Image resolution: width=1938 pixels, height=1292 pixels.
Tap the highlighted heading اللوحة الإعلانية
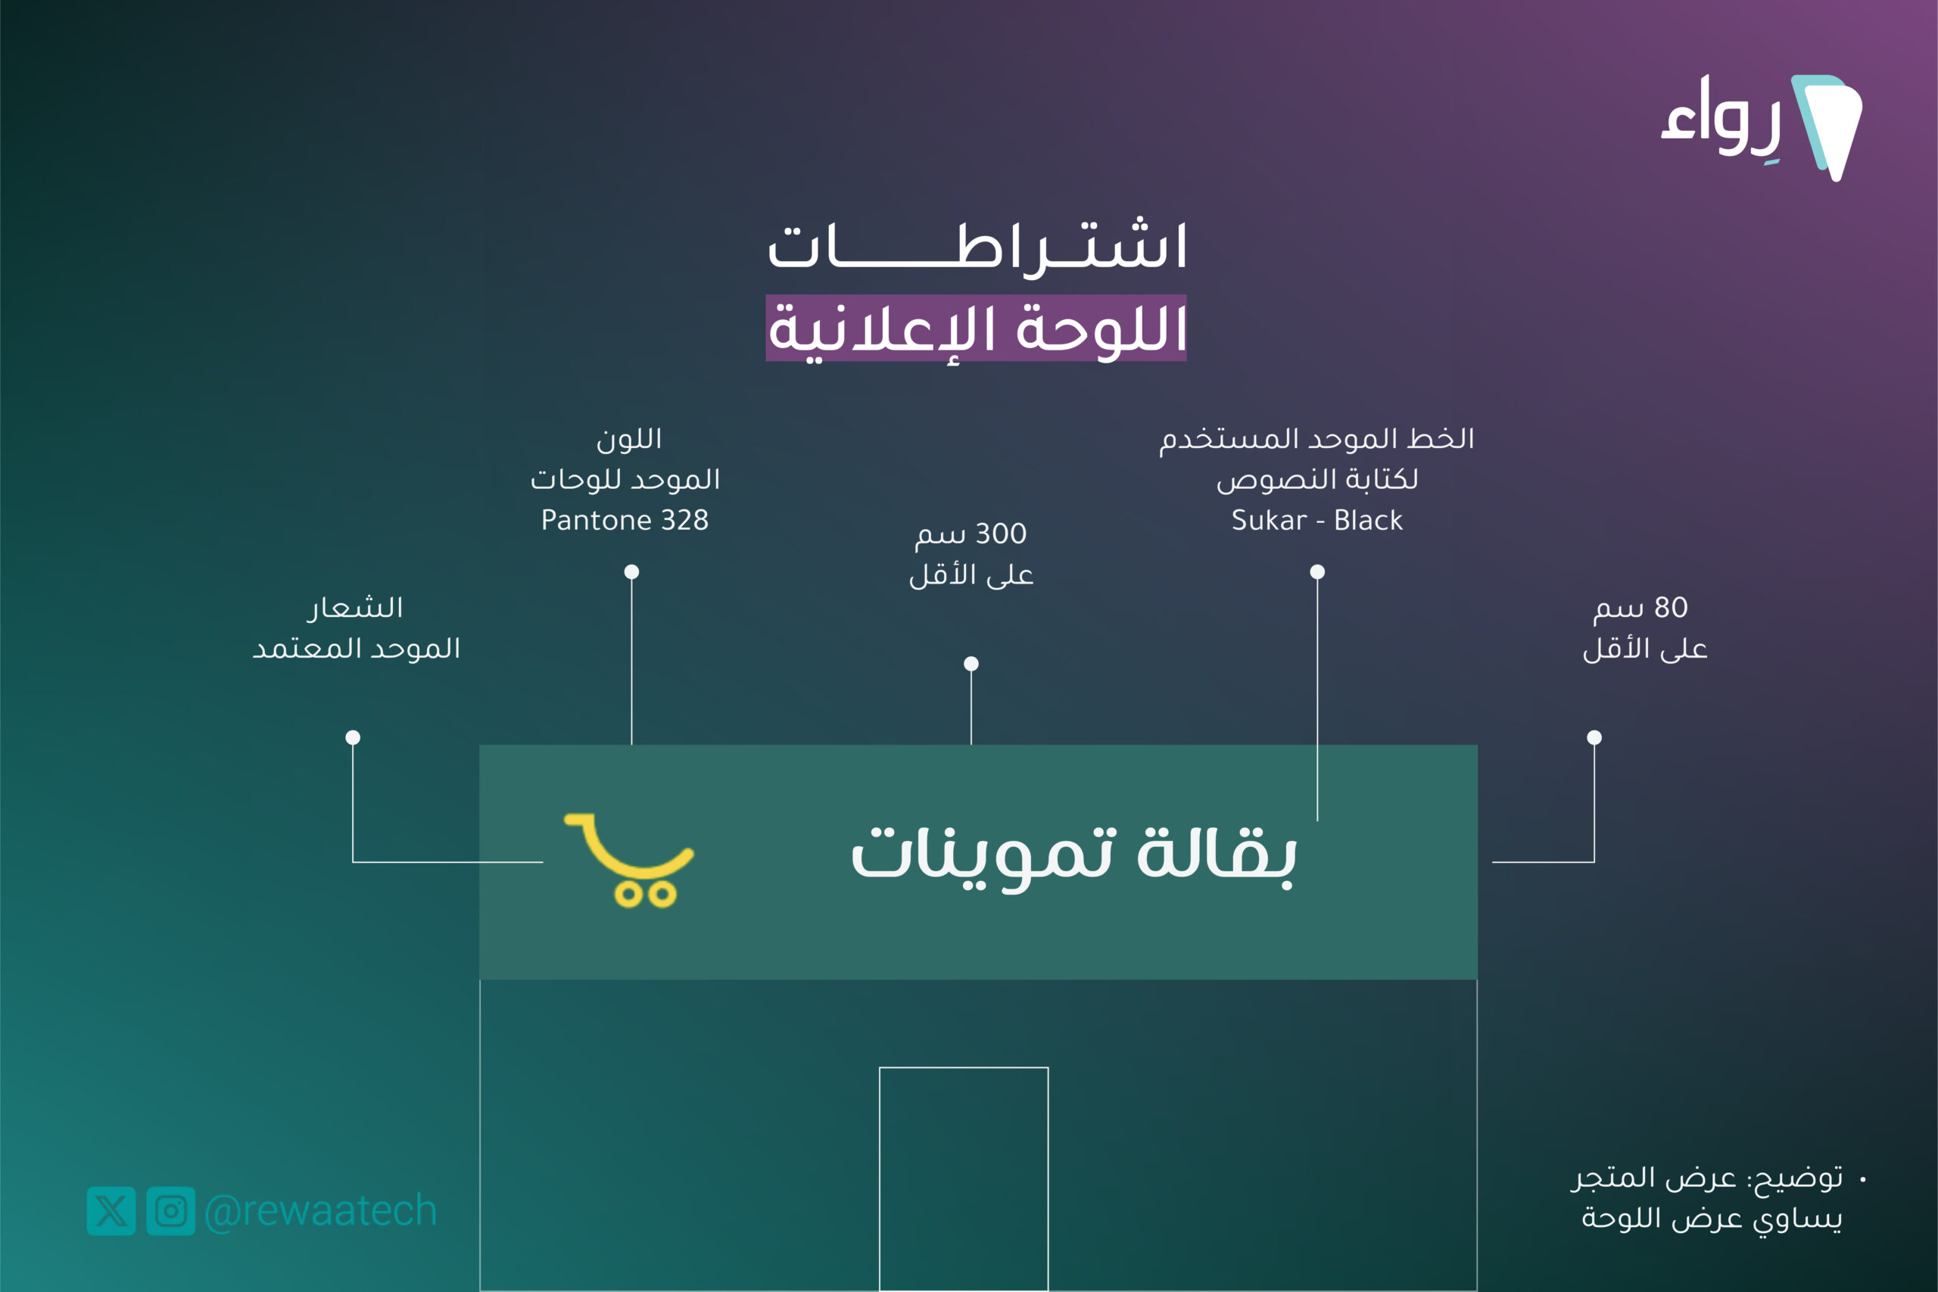tap(977, 328)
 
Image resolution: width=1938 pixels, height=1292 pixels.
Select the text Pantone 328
tap(625, 520)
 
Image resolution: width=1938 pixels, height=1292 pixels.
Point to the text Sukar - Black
tap(1316, 520)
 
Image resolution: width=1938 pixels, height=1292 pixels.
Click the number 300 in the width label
tap(1001, 533)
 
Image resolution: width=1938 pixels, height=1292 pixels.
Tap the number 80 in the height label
tap(1671, 607)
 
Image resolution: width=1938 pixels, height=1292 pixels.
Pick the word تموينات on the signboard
tap(984, 857)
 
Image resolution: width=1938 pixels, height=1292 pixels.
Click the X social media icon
tap(111, 1210)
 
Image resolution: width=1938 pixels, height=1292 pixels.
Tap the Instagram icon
tap(170, 1210)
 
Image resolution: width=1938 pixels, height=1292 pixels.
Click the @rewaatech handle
tap(319, 1210)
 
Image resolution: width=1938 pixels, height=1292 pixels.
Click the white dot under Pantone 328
tap(632, 572)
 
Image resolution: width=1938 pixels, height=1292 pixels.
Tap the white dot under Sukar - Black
tap(1317, 572)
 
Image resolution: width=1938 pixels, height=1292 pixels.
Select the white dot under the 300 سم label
tap(971, 664)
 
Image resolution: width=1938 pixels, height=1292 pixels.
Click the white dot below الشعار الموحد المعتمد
tap(353, 737)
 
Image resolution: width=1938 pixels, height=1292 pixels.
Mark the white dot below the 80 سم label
tap(1594, 737)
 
